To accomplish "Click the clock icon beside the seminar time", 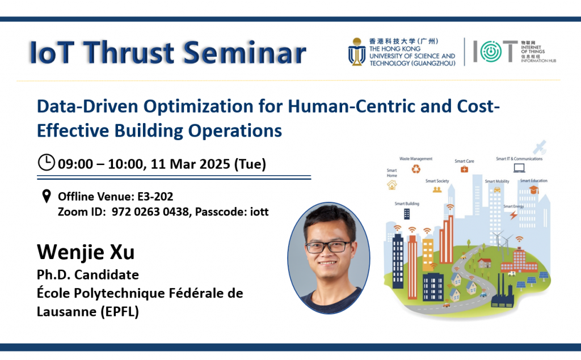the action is pyautogui.click(x=47, y=163).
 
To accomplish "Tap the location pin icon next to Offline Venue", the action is pyautogui.click(x=47, y=196).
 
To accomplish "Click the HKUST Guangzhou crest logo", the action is pyautogui.click(x=357, y=52).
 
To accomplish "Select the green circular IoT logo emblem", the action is pyautogui.click(x=491, y=52).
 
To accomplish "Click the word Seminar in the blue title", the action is pyautogui.click(x=245, y=52).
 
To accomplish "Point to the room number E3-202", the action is pyautogui.click(x=155, y=196).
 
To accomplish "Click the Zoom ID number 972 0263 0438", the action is pyautogui.click(x=150, y=212).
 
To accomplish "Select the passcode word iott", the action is pyautogui.click(x=259, y=212).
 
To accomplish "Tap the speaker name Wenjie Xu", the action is pyautogui.click(x=86, y=252).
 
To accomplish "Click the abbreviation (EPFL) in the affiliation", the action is pyautogui.click(x=120, y=311).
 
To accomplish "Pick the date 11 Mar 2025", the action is pyautogui.click(x=190, y=164).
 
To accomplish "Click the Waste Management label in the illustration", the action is pyautogui.click(x=416, y=159).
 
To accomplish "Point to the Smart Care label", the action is pyautogui.click(x=464, y=161).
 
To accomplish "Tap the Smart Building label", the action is pyautogui.click(x=407, y=204).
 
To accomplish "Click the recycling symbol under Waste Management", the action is pyautogui.click(x=416, y=170).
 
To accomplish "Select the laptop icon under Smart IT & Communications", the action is pyautogui.click(x=519, y=168).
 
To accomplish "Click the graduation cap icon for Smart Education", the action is pyautogui.click(x=533, y=190).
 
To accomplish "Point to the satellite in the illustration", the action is pyautogui.click(x=540, y=147).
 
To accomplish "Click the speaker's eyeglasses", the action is pyautogui.click(x=328, y=247).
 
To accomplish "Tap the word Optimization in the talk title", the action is pyautogui.click(x=198, y=107).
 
